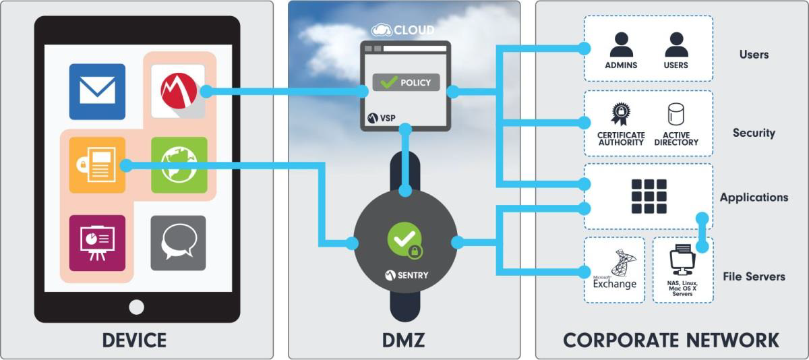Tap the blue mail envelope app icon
[97, 92]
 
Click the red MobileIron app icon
[179, 90]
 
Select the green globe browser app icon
[179, 165]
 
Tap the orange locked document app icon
[97, 165]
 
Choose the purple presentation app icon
[97, 243]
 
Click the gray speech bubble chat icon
[179, 243]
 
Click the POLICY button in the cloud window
[406, 83]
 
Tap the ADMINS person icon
[621, 45]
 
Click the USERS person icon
[676, 45]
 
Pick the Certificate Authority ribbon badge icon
[620, 114]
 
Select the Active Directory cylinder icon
[676, 115]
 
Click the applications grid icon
[649, 196]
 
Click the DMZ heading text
[404, 340]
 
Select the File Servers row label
[754, 276]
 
